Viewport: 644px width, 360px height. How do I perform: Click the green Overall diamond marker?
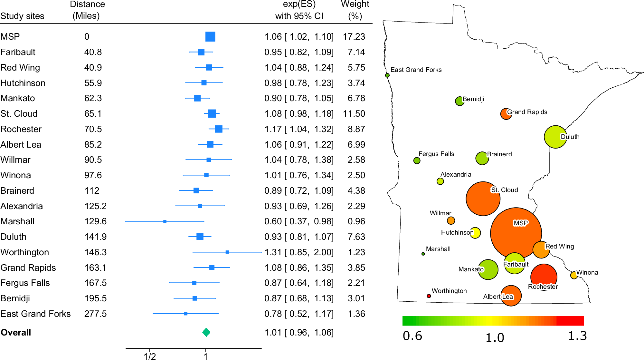(x=206, y=332)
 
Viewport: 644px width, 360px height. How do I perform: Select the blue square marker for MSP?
(x=210, y=36)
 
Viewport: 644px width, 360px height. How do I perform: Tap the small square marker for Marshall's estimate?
(x=165, y=221)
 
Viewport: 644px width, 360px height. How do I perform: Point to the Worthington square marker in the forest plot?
(x=227, y=252)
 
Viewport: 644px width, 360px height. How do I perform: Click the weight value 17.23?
(x=354, y=36)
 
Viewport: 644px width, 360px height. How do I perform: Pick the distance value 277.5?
(x=95, y=314)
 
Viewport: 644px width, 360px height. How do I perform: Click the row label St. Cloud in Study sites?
(x=19, y=113)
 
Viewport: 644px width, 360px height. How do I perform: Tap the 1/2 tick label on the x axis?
(x=150, y=356)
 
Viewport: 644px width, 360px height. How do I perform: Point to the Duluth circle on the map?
(x=555, y=137)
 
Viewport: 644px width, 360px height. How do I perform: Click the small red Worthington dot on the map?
(x=429, y=296)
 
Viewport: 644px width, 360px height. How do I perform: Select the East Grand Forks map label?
(x=416, y=70)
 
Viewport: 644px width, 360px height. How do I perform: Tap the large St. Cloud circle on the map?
(x=483, y=199)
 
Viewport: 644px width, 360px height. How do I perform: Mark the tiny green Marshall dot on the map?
(x=423, y=254)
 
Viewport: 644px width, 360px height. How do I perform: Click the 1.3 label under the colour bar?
(x=577, y=336)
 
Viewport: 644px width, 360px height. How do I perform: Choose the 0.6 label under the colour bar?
(x=412, y=336)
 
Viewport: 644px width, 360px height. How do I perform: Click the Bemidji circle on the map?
(x=459, y=101)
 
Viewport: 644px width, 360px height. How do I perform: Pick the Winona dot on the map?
(x=573, y=275)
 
